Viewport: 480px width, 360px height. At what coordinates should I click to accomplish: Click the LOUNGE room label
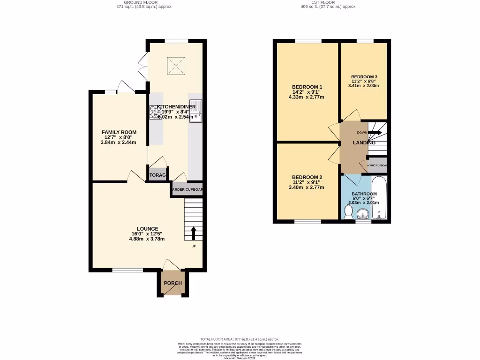click(148, 229)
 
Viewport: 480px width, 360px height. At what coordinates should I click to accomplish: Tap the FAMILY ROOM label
click(119, 132)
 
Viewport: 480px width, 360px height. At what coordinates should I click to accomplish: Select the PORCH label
click(172, 283)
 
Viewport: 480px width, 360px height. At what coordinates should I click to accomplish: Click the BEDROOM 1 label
click(307, 87)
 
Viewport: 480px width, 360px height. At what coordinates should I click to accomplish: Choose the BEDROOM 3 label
click(364, 77)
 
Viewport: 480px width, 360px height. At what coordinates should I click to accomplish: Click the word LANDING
click(364, 143)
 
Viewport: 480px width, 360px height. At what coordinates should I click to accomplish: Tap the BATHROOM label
click(364, 194)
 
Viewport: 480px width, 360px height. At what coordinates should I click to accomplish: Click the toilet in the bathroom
click(348, 213)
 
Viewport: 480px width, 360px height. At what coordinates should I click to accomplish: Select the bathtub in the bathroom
click(379, 198)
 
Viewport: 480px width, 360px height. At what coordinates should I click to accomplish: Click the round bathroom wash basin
click(363, 215)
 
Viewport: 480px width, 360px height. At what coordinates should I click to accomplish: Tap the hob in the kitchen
click(155, 112)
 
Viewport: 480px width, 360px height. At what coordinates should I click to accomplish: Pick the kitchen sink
click(196, 110)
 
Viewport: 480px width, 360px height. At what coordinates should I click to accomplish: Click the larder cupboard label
click(187, 190)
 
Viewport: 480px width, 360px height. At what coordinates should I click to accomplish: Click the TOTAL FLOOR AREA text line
click(240, 339)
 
